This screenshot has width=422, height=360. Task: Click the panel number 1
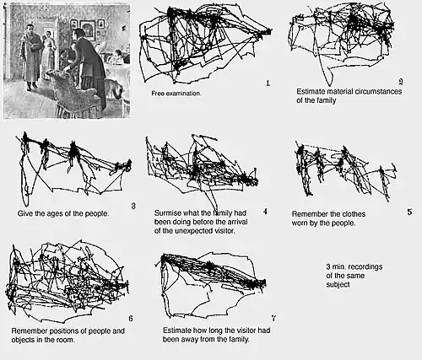[x=268, y=83]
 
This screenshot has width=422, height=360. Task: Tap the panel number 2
[x=401, y=82]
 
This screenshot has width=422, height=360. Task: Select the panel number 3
[x=133, y=206]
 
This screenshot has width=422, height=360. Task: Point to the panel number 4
[x=265, y=212]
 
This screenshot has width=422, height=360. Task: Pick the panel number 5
[x=409, y=212]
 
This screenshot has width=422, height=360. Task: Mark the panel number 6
[x=131, y=318]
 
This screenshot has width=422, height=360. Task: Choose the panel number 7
[x=273, y=318]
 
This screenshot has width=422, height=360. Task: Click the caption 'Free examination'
[x=176, y=94]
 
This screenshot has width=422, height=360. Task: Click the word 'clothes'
[x=352, y=214]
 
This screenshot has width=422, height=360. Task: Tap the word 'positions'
[x=62, y=331]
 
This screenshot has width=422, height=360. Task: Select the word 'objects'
[x=24, y=340]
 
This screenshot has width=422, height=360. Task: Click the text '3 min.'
[x=337, y=266]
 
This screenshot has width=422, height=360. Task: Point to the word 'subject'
[x=338, y=285]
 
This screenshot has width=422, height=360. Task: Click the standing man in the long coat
[x=31, y=57]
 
